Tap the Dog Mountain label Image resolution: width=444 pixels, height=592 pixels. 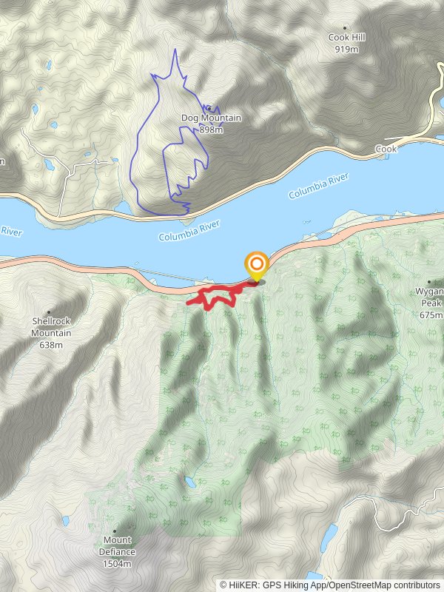211,118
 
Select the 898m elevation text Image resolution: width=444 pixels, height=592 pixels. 211,129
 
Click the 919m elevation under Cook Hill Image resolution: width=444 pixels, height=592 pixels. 346,49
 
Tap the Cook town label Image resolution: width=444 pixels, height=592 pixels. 386,149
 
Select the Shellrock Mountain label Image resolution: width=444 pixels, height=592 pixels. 52,327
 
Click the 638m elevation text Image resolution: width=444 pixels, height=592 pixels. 51,344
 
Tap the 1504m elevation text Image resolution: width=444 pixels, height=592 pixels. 117,563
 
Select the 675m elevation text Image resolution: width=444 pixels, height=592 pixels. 430,315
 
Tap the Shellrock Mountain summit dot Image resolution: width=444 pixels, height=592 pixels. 49,312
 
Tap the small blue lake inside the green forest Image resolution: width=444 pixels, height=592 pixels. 191,482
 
